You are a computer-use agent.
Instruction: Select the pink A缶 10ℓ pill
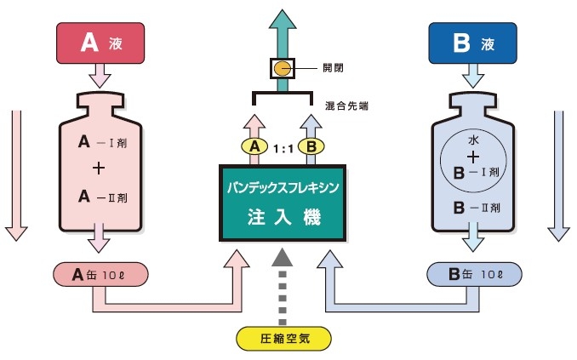(101, 273)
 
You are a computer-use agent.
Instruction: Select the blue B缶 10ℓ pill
(472, 273)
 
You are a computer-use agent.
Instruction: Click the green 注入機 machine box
(283, 201)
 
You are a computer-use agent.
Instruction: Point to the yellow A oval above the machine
(254, 147)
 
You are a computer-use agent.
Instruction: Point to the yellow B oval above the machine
(311, 147)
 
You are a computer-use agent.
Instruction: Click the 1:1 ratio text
(283, 147)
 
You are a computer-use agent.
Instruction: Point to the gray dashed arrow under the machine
(283, 281)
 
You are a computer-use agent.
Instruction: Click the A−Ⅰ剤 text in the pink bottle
(100, 141)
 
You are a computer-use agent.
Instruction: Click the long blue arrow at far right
(559, 174)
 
